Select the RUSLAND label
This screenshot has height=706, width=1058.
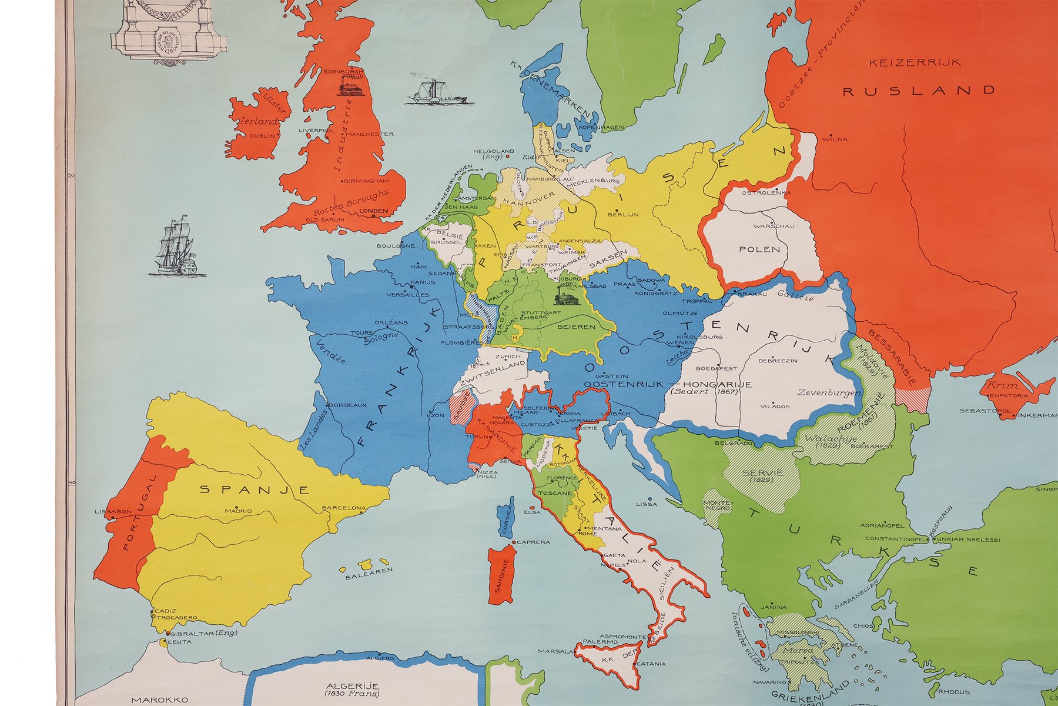(x=919, y=91)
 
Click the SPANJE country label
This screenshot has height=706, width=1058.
(x=255, y=489)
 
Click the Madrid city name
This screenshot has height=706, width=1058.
(x=238, y=511)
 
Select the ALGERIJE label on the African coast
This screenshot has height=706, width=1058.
(x=353, y=686)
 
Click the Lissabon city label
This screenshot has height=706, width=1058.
(x=113, y=511)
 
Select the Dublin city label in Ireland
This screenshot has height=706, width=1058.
(x=262, y=135)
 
